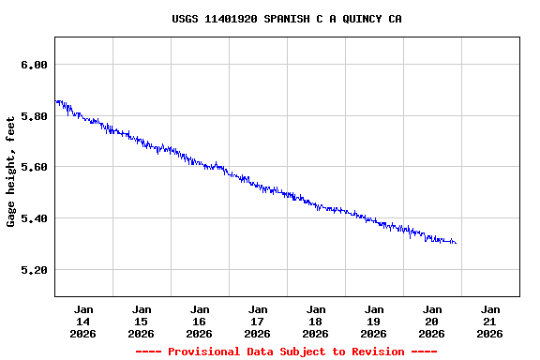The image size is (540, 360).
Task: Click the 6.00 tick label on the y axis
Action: click(33, 65)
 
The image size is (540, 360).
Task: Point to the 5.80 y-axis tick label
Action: click(33, 116)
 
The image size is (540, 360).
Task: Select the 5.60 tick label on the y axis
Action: click(33, 167)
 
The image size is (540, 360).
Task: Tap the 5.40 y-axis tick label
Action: click(33, 218)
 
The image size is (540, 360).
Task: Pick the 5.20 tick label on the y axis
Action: click(33, 270)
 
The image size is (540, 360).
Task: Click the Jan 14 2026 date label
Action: click(83, 321)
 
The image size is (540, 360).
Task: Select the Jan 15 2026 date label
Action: click(142, 321)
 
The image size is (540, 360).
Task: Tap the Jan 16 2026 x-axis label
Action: click(200, 321)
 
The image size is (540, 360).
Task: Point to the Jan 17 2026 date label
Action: click(258, 321)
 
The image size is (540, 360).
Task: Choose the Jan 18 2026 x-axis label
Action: click(316, 321)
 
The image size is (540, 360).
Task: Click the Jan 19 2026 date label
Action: click(374, 321)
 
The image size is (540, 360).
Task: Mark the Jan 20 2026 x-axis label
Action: click(432, 321)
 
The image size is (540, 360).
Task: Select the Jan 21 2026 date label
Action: click(490, 321)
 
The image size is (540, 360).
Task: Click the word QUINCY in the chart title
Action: click(362, 19)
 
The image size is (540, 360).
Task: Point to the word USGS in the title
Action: click(185, 19)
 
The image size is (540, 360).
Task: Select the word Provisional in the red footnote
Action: click(204, 352)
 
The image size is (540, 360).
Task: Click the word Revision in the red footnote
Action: click(375, 352)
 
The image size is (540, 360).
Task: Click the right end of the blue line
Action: click(456, 243)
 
